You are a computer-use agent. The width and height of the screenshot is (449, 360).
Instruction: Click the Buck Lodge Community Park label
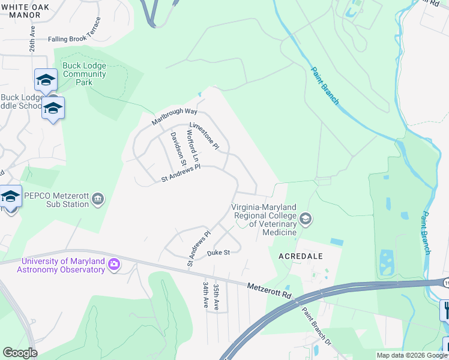pyautogui.click(x=85, y=74)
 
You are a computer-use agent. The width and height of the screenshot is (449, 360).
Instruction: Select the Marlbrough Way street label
pyautogui.click(x=175, y=112)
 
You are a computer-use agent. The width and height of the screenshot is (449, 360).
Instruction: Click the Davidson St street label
pyautogui.click(x=177, y=146)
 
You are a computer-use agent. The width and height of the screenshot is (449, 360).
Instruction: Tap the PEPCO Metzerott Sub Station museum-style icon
pyautogui.click(x=99, y=199)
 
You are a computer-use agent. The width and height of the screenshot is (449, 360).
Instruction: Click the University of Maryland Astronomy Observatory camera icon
pyautogui.click(x=114, y=264)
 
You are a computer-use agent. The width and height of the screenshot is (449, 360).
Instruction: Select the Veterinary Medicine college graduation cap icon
pyautogui.click(x=306, y=218)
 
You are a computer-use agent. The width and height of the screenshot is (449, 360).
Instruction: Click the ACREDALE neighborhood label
pyautogui.click(x=301, y=256)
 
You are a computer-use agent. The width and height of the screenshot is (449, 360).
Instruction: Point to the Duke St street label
pyautogui.click(x=218, y=253)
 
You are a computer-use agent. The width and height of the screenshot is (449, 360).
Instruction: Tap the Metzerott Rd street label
pyautogui.click(x=269, y=292)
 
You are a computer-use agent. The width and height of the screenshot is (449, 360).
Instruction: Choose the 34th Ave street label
pyautogui.click(x=205, y=295)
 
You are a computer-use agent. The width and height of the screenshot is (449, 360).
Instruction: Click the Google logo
pyautogui.click(x=20, y=353)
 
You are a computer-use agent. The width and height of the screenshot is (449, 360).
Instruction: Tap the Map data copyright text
pyautogui.click(x=411, y=355)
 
